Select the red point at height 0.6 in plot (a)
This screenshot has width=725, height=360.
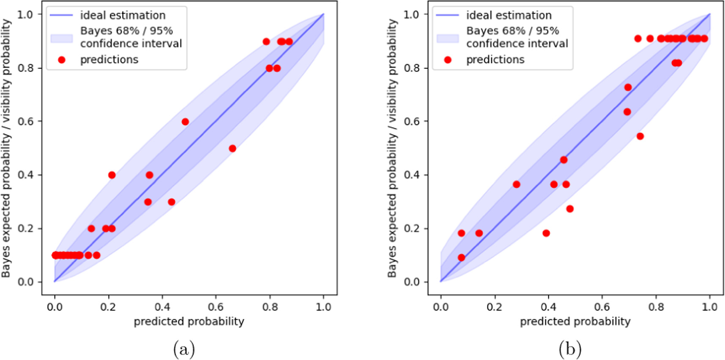(185, 122)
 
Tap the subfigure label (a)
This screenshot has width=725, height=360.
(184, 349)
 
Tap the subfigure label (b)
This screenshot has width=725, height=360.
(570, 349)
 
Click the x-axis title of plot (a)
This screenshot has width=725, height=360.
(189, 322)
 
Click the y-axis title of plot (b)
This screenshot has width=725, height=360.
(392, 148)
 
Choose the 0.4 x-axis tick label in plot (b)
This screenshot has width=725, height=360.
(548, 307)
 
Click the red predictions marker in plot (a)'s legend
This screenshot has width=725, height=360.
(62, 60)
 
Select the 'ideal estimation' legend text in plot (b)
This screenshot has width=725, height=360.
(509, 15)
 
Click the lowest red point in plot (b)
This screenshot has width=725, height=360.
(461, 257)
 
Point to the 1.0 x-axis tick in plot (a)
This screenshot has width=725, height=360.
(323, 307)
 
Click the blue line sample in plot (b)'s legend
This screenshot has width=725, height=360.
(448, 15)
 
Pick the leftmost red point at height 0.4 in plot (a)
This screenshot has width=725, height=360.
(112, 175)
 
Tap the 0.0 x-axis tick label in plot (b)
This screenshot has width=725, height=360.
(440, 307)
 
